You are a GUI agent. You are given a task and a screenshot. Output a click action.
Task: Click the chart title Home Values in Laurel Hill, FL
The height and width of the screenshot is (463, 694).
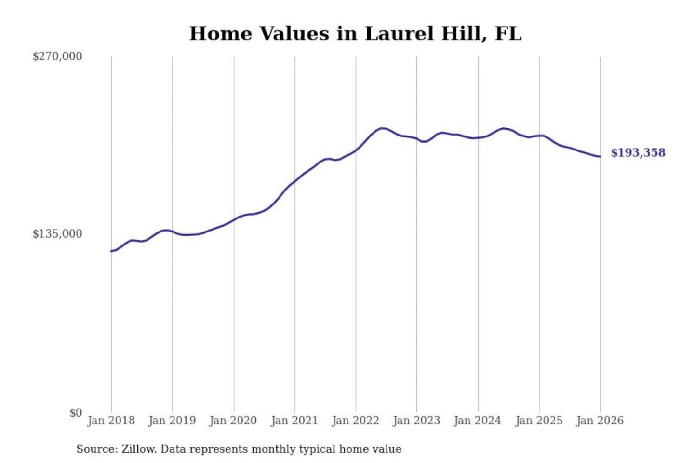coord(355,34)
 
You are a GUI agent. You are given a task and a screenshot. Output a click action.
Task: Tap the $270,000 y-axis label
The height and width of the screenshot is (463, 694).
coord(57,56)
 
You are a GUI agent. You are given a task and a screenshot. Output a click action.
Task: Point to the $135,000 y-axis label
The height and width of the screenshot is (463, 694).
coord(57,234)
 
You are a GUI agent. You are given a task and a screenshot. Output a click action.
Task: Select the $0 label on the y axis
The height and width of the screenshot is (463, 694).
coord(76,413)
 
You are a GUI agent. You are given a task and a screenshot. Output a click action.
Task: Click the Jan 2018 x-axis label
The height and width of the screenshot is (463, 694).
coord(111,421)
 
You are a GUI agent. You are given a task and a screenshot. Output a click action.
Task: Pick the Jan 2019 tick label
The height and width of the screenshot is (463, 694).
coord(172,421)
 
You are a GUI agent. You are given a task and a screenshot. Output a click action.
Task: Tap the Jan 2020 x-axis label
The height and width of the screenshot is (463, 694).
coord(233,421)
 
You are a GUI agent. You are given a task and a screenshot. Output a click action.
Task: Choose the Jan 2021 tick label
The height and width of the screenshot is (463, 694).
coord(294,421)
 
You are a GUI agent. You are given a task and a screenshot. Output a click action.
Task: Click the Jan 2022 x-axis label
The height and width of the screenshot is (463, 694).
coord(356,421)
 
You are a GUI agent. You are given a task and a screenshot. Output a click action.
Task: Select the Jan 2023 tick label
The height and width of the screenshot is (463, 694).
coord(416,421)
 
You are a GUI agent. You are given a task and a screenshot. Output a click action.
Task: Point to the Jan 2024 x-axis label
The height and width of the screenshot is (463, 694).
coord(478,421)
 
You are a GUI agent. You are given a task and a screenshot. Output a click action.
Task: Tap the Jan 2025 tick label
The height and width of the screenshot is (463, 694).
coord(539,421)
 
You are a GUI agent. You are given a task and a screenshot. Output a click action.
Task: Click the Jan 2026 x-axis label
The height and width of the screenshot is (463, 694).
coord(600,421)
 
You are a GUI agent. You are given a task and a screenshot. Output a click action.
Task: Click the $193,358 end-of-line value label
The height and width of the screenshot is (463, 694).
coord(638,153)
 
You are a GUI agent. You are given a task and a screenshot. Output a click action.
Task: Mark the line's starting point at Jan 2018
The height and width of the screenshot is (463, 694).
coord(111,251)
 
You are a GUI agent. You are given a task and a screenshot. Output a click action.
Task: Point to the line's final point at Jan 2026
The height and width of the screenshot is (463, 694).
coord(600,156)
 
